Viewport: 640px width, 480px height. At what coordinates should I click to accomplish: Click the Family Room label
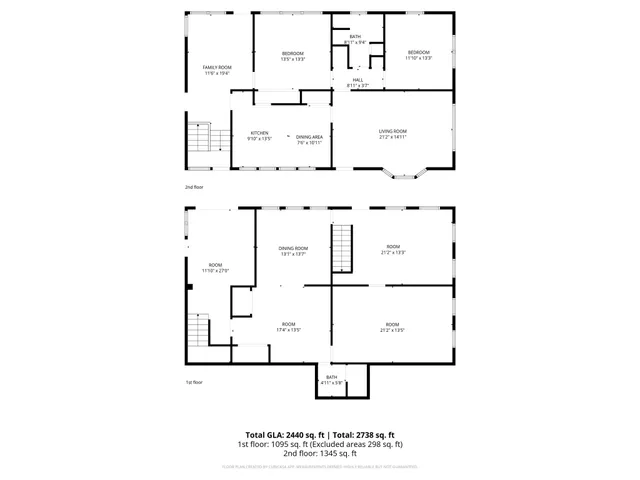[217, 70]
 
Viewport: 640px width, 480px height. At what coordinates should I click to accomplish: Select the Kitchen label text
[259, 135]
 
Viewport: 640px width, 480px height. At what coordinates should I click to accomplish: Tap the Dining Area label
[310, 139]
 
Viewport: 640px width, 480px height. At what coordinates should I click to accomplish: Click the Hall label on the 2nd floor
[358, 83]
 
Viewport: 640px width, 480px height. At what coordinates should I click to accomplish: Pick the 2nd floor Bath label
[355, 39]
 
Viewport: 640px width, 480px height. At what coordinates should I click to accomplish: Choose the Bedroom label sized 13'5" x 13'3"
[292, 56]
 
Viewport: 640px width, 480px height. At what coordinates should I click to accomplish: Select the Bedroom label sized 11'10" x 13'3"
[418, 55]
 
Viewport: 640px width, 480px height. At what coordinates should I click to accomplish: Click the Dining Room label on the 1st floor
[293, 250]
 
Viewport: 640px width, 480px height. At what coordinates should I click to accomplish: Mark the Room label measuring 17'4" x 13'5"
[288, 326]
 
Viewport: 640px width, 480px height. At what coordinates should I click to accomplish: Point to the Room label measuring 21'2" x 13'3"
[392, 249]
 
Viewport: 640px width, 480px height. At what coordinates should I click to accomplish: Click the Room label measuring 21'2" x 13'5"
[392, 326]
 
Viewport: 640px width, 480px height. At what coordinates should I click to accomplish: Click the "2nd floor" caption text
[194, 187]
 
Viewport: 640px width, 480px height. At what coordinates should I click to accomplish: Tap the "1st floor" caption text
[193, 382]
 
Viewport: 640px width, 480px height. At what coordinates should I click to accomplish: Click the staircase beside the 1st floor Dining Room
[343, 247]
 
